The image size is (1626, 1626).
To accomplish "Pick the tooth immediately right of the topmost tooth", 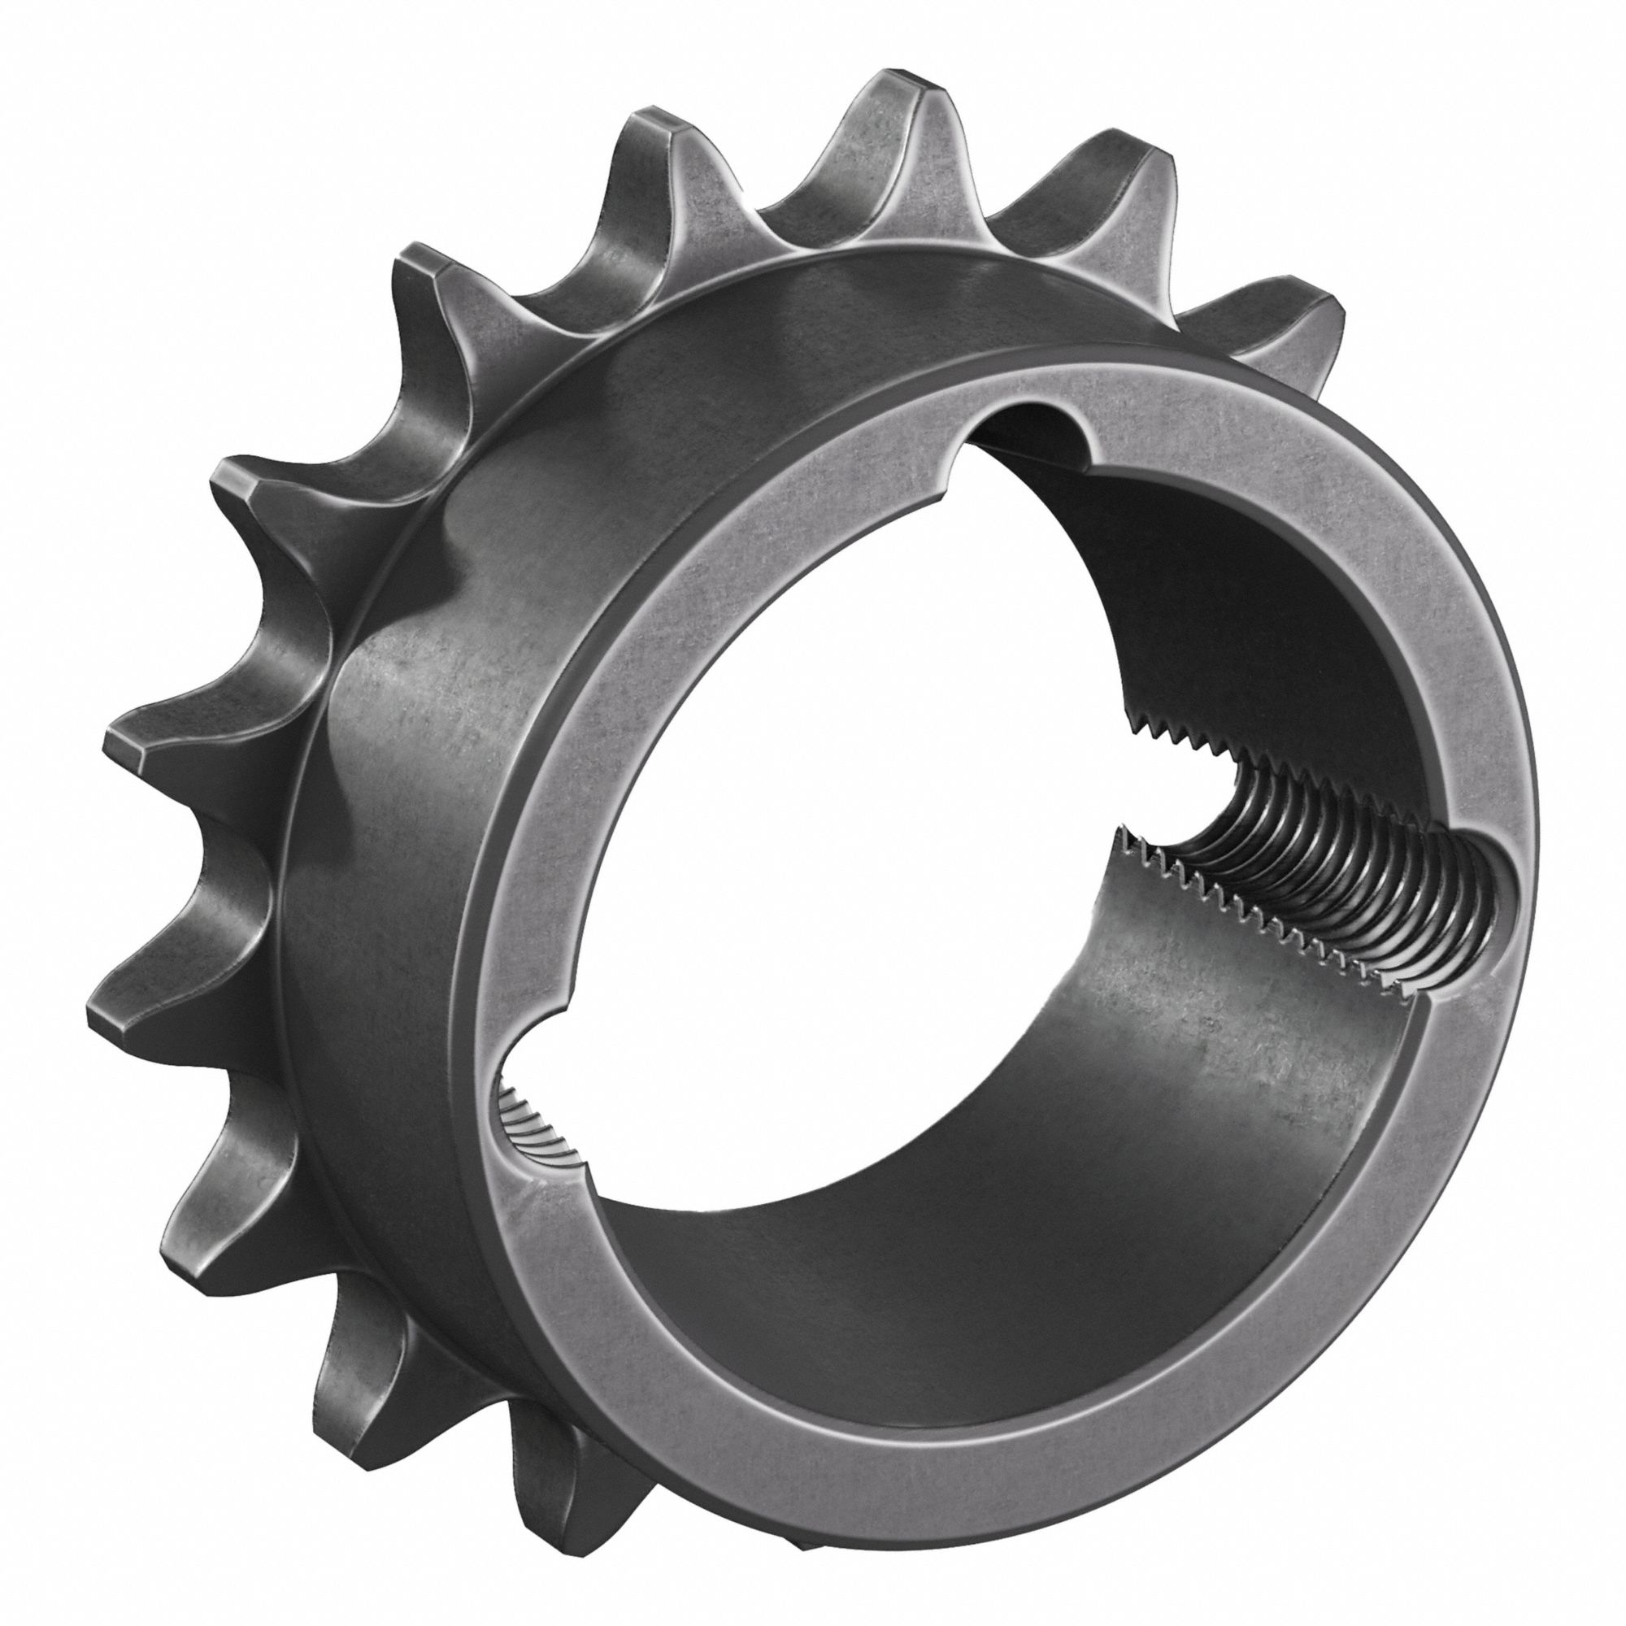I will click(x=1120, y=164).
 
